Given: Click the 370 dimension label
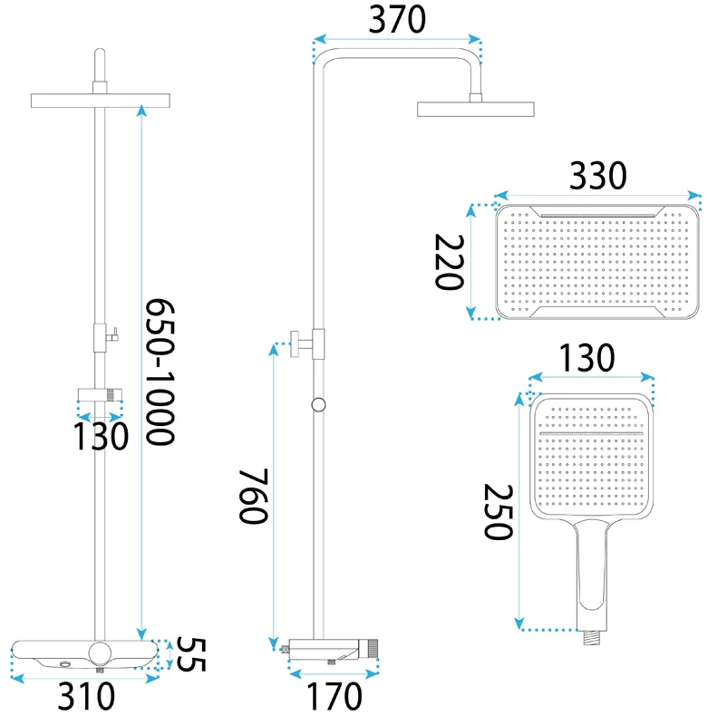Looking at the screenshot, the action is tap(397, 19).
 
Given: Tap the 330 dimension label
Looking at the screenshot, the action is tap(598, 176).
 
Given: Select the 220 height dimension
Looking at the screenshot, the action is tap(449, 262).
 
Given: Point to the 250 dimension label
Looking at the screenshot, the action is tap(498, 512).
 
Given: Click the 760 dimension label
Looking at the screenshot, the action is tap(253, 496).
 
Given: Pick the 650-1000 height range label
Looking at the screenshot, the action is tap(160, 372).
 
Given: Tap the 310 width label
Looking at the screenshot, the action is tap(86, 696).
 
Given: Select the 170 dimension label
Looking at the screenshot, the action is tap(335, 696).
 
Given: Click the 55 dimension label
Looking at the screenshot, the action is tap(191, 654).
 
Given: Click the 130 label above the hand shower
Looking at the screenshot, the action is tap(587, 358).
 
